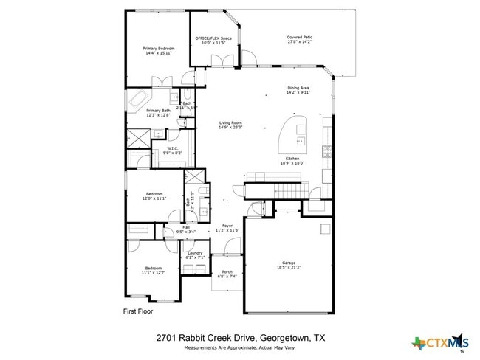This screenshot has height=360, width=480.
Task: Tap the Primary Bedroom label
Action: pos(158,49)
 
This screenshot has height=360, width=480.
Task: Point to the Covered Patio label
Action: pos(299,37)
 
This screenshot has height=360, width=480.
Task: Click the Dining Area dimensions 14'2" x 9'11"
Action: pos(299,93)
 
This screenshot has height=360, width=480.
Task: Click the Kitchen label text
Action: pos(292,159)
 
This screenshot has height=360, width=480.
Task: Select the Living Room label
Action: pos(230,122)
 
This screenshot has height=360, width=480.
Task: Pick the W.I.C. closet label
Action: pos(173,148)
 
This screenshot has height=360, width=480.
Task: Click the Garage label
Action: pos(288,262)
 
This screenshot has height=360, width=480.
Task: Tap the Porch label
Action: pos(227,272)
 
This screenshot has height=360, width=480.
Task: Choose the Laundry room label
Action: pos(195,253)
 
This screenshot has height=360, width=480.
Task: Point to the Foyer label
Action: pos(227,226)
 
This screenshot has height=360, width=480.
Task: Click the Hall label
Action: pos(176,227)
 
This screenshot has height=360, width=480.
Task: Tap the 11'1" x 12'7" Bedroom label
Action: pos(154,268)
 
